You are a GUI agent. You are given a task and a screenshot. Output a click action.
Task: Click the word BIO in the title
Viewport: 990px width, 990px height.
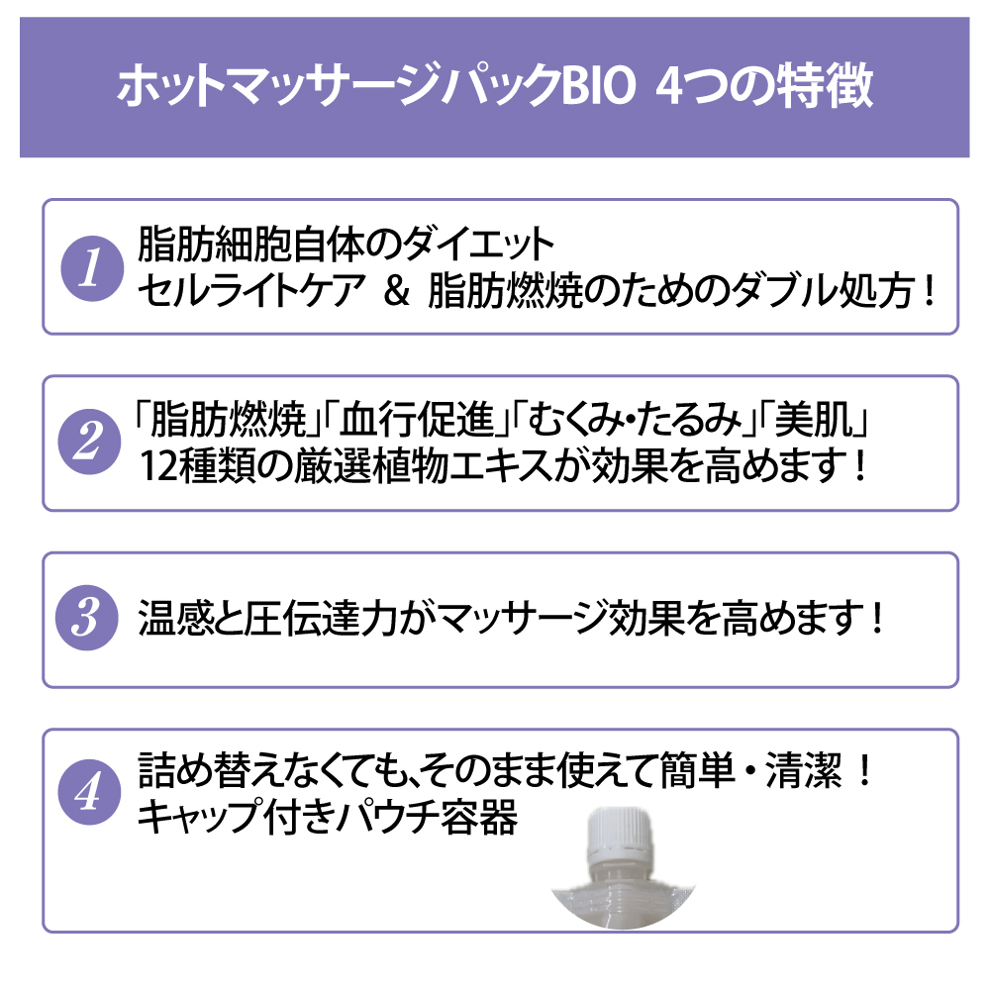click(x=598, y=86)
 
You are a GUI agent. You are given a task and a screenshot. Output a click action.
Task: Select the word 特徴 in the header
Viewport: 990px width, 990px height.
click(x=826, y=86)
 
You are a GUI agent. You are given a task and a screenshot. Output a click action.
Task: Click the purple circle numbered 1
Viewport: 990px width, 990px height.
click(x=92, y=268)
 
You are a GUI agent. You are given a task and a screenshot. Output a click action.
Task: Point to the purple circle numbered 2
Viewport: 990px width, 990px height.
click(x=89, y=442)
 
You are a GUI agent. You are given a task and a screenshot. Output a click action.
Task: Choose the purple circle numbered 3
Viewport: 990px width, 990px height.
click(x=87, y=618)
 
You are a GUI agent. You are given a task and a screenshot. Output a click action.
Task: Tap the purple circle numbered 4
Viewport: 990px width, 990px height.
click(x=89, y=792)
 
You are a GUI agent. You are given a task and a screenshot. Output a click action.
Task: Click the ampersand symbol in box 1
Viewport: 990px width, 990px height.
click(x=397, y=291)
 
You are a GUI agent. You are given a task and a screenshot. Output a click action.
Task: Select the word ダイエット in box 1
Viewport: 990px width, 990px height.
click(x=478, y=245)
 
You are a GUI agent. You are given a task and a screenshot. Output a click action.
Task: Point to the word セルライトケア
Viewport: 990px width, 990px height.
click(x=251, y=291)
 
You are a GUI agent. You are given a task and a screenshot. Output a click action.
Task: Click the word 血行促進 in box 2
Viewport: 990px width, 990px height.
click(x=418, y=419)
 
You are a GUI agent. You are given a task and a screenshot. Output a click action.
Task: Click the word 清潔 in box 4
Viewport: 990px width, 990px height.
click(x=804, y=771)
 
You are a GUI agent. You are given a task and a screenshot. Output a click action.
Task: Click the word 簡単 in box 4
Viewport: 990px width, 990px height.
click(x=698, y=771)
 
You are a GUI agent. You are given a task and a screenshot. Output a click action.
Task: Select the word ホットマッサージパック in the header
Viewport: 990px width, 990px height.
click(x=339, y=86)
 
